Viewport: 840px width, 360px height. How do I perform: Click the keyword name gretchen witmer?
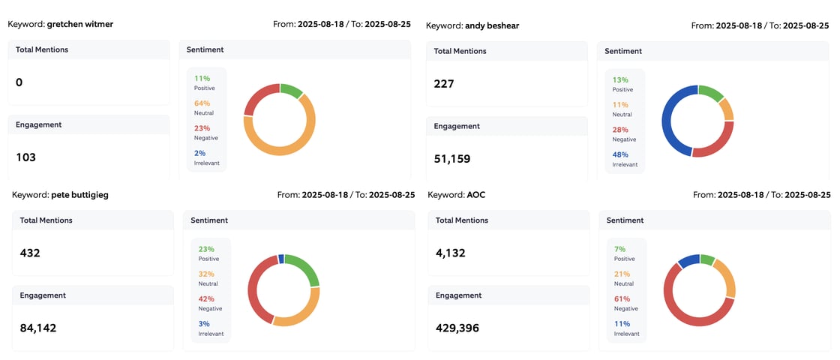click(80, 24)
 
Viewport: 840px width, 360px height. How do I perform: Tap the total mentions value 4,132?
click(450, 253)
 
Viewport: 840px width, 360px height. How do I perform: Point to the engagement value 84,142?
click(38, 328)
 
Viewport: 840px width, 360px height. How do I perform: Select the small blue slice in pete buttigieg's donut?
click(280, 259)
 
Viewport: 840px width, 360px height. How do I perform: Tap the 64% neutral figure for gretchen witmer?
click(202, 103)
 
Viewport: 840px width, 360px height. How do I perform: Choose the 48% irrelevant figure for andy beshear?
click(620, 154)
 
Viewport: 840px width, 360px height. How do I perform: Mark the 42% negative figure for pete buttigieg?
click(206, 298)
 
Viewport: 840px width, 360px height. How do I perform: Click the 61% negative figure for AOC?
click(622, 298)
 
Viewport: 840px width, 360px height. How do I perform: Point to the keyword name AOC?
click(475, 194)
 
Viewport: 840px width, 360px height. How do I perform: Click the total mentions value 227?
click(444, 84)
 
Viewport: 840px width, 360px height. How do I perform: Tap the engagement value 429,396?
click(457, 328)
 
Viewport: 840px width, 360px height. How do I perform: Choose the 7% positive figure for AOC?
click(619, 249)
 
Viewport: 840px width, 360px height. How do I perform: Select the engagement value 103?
click(25, 157)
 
